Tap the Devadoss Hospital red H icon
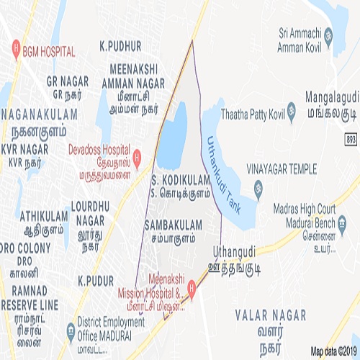point(138,156)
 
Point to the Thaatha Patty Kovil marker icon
point(292,112)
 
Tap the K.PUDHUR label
point(120,45)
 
